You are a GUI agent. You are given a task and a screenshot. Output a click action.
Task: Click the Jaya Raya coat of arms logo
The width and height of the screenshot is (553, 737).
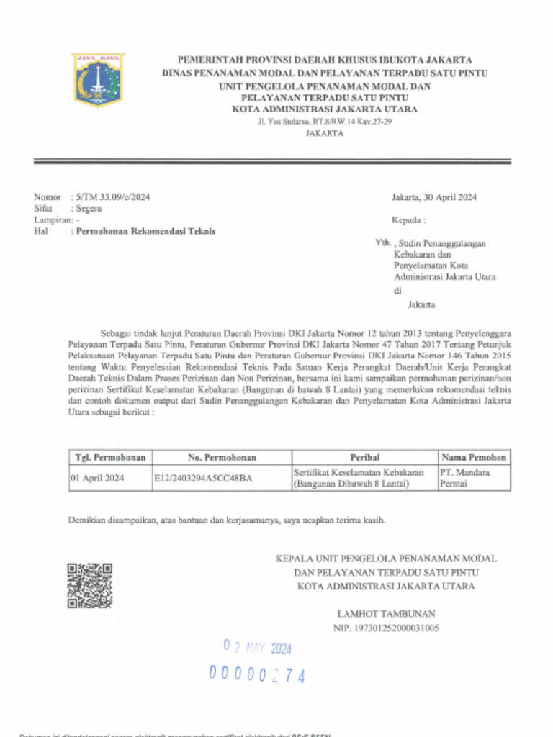98,79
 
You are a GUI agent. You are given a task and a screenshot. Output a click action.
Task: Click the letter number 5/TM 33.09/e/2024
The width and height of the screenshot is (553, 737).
112,197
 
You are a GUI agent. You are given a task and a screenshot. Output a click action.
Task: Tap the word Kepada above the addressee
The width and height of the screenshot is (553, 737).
408,220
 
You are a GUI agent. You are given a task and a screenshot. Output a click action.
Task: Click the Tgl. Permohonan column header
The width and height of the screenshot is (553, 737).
110,458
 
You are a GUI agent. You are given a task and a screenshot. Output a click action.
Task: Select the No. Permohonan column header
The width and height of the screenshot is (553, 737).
222,458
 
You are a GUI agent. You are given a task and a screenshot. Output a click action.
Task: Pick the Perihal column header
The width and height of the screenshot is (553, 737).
364,458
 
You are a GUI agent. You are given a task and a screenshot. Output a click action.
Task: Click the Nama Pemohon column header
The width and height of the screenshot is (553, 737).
474,458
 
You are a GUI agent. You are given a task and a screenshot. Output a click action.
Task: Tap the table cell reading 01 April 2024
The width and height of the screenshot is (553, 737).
97,478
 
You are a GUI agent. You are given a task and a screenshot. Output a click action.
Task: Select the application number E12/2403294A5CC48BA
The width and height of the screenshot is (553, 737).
203,478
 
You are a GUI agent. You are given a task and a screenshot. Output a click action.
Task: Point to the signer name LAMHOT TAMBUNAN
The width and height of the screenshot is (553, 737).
386,614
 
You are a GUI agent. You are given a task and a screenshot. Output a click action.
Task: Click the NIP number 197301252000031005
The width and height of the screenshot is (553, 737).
386,628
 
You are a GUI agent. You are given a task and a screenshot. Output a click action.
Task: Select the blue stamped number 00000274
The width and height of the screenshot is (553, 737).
257,674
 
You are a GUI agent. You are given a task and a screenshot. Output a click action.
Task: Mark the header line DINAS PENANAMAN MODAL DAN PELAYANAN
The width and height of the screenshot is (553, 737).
324,73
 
